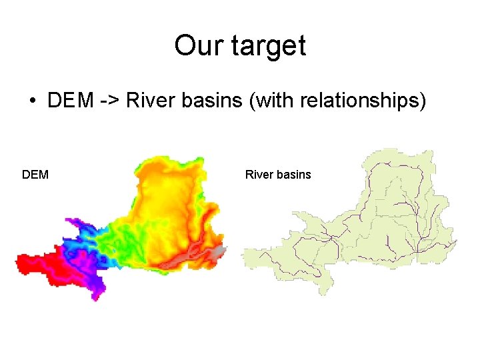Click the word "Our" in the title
[194, 46]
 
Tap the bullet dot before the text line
[31, 102]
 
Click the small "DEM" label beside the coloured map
[35, 175]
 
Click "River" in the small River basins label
[257, 175]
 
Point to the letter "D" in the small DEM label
[26, 175]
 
